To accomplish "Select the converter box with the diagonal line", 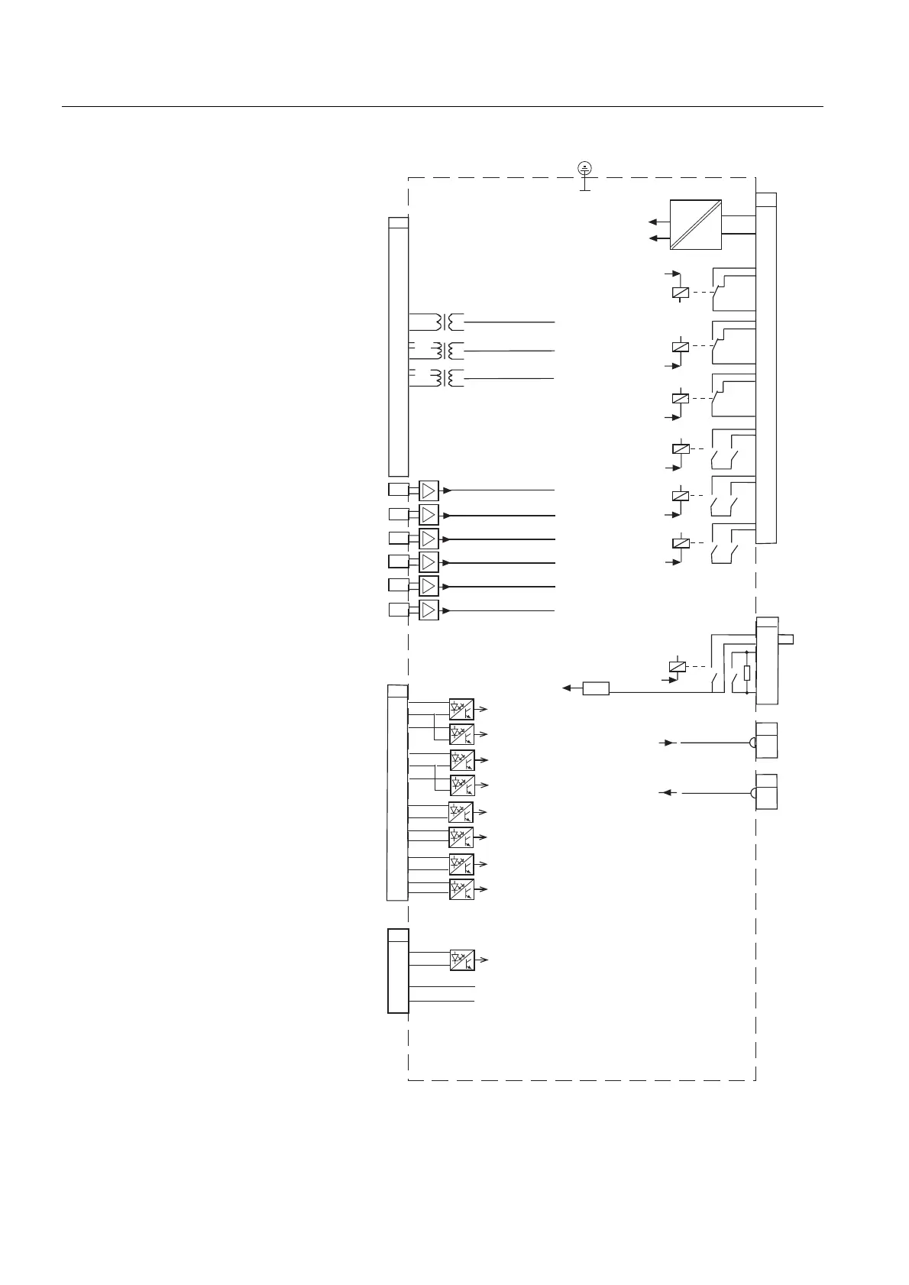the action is pos(696,224).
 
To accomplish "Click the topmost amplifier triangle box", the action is pos(429,490).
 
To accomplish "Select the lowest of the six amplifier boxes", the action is pos(429,610).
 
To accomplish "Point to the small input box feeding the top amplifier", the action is pos(399,490).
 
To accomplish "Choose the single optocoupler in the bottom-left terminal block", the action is pos(461,960).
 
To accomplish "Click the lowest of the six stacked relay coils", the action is pos(680,543).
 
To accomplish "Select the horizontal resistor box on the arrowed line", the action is pos(596,688).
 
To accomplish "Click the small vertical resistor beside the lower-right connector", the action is pos(747,674).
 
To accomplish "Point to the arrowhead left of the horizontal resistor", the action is pos(568,688).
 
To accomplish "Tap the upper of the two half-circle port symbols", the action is pos(752,743).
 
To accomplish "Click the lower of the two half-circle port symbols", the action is pos(752,794).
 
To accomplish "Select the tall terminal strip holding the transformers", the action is pos(398,348).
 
